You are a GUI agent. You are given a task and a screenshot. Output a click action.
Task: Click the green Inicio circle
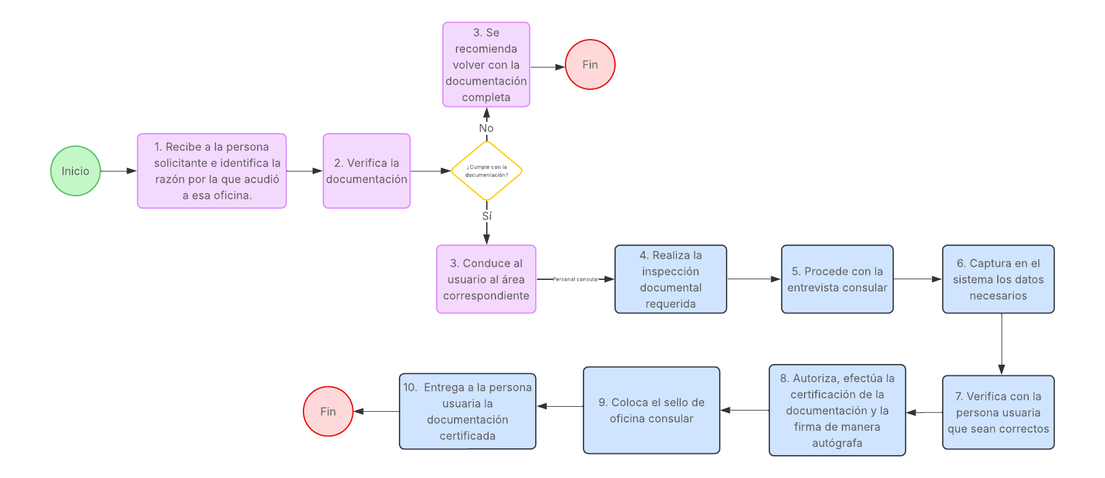75,171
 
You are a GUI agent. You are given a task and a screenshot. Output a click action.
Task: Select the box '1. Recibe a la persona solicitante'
211,171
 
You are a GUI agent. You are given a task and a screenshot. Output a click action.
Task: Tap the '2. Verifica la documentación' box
366,171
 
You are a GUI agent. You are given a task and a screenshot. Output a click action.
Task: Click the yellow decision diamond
486,171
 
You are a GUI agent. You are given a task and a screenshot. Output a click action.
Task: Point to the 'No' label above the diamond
486,128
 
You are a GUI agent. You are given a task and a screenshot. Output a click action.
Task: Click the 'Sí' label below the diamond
487,216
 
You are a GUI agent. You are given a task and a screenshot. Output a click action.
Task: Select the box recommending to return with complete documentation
486,64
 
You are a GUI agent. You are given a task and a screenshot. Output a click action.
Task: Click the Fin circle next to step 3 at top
590,64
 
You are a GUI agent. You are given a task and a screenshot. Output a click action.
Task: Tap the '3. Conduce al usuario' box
486,279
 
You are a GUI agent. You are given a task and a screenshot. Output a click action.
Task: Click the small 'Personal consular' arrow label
575,279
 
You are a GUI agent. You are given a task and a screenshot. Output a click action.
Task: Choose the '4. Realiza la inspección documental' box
670,279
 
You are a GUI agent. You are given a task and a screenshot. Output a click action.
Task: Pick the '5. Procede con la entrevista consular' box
837,279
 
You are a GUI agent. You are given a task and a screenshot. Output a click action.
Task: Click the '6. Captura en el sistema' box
998,279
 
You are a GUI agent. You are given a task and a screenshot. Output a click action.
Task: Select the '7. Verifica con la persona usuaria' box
998,412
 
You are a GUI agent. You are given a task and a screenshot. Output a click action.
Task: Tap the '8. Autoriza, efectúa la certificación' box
837,410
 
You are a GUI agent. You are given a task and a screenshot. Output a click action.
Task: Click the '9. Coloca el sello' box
651,410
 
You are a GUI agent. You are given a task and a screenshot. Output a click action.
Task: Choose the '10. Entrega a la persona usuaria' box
467,411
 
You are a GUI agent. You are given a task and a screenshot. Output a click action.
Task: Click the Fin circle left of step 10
328,411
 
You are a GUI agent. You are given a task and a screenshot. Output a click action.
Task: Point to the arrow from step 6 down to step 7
1002,344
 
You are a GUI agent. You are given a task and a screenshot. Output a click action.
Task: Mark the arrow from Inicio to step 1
118,171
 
